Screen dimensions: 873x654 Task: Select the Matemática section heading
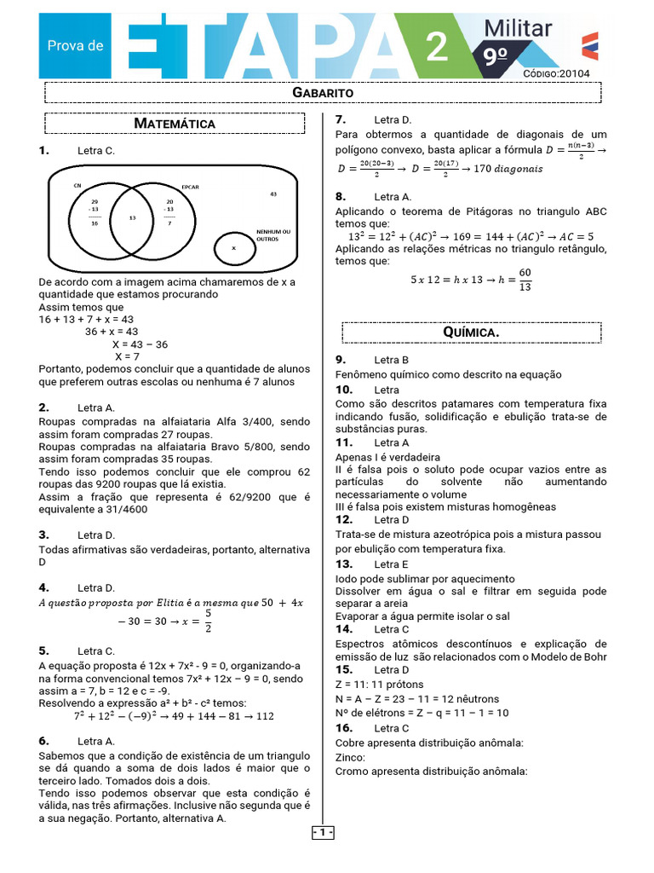[175, 124]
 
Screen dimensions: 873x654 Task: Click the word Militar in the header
[518, 29]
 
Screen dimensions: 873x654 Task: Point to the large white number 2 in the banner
[436, 48]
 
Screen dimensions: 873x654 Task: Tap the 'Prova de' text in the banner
[75, 44]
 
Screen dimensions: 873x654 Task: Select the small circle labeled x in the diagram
[233, 247]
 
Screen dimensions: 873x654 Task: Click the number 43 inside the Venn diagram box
[273, 194]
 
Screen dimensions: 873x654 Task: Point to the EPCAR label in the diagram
[190, 187]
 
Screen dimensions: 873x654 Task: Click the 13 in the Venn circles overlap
[132, 218]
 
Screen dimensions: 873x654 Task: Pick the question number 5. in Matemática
[43, 650]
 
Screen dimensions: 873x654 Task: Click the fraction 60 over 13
[525, 280]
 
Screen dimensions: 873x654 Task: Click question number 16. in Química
[344, 728]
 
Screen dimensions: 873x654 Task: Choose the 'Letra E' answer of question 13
[391, 564]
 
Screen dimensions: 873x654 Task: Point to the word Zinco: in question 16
[350, 757]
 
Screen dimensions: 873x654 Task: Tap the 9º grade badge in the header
[496, 57]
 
